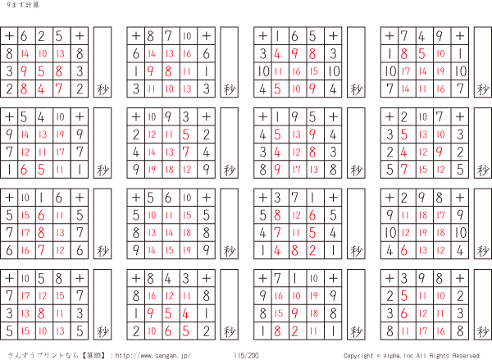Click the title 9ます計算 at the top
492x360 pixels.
23,5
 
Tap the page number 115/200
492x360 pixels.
246,355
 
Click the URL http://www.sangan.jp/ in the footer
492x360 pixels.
153,355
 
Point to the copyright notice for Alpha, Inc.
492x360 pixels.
412,356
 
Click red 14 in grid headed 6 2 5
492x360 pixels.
25,53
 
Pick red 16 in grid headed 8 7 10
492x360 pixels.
187,53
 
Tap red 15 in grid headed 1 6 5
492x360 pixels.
314,71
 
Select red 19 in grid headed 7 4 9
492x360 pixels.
440,71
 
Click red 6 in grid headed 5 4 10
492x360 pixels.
24,170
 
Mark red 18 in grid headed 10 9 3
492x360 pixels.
170,170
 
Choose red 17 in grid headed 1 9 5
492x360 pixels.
296,170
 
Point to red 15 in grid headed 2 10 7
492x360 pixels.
423,170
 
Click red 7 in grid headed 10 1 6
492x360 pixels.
42,250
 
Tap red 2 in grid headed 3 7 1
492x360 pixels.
312,250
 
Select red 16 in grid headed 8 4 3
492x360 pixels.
152,296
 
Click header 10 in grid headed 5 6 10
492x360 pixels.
187,198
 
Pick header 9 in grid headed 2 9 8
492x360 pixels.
421,198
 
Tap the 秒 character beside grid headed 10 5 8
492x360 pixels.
102,331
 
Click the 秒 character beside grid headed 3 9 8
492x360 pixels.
483,331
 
